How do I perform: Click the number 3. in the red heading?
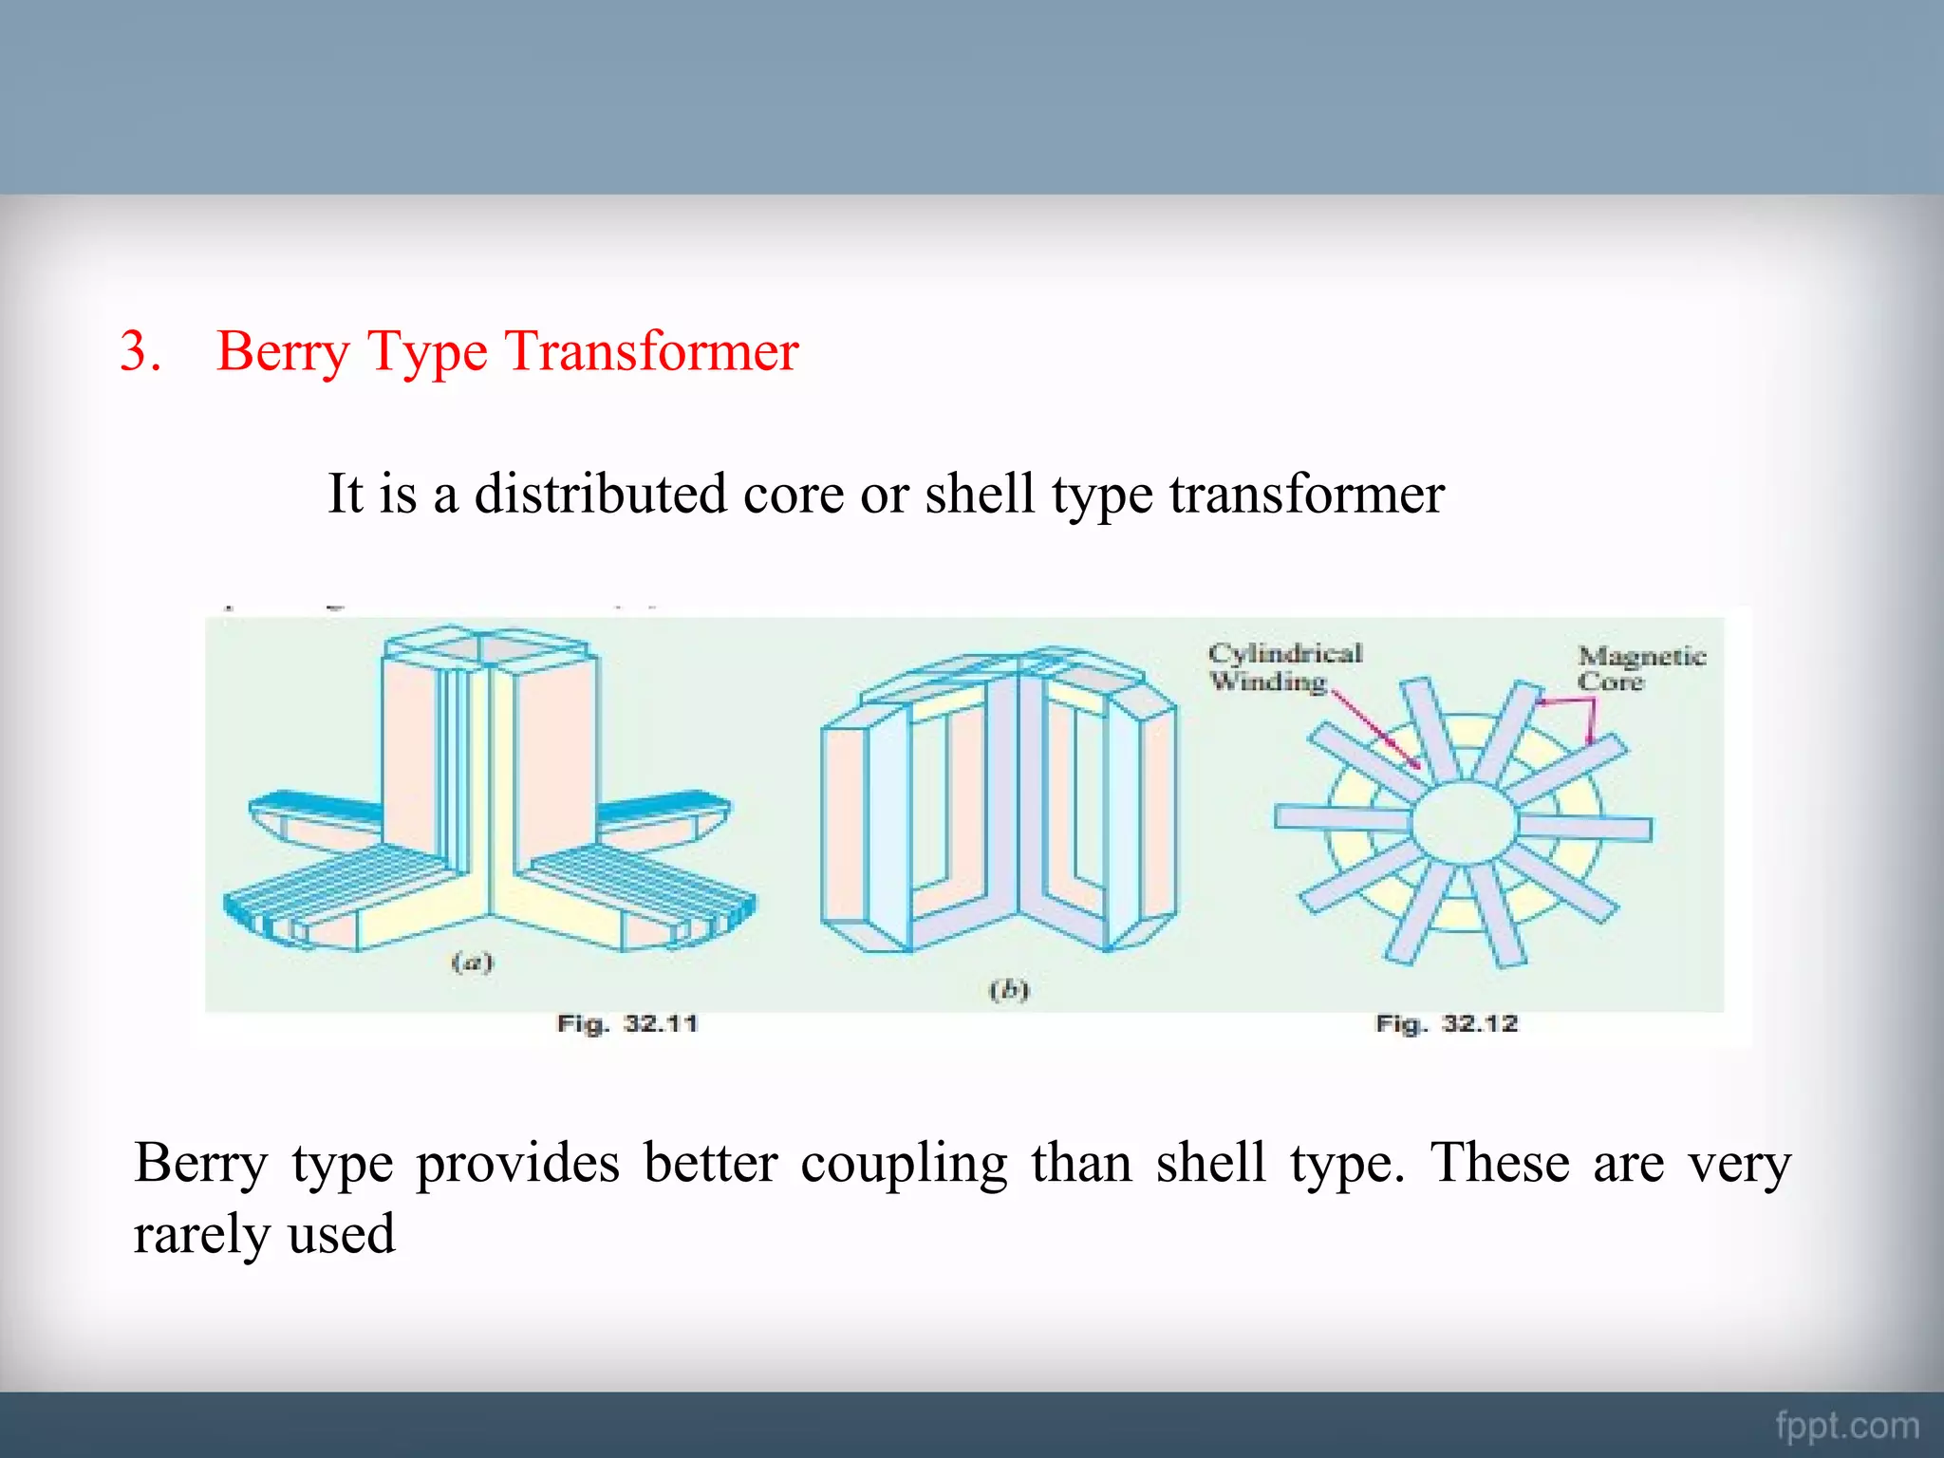click(140, 351)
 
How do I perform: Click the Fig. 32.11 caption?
click(627, 1024)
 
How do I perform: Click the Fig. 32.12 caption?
click(1447, 1024)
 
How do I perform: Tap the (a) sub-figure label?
click(472, 963)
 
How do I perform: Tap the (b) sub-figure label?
click(1009, 991)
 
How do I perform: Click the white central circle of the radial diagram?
click(1464, 823)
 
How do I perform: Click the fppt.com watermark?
click(1846, 1426)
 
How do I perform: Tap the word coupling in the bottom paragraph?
click(904, 1164)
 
